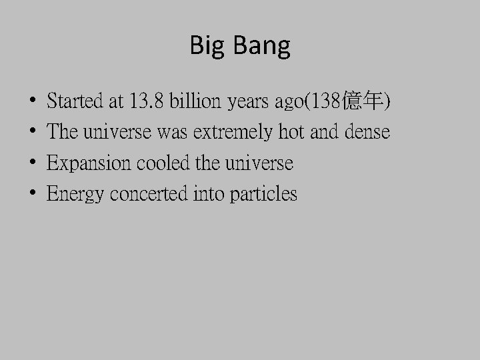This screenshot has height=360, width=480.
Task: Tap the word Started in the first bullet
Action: pyautogui.click(x=76, y=102)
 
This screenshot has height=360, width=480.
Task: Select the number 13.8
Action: pyautogui.click(x=148, y=102)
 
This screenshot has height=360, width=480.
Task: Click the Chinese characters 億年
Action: pyautogui.click(x=363, y=102)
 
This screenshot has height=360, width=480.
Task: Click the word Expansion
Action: pyautogui.click(x=89, y=163)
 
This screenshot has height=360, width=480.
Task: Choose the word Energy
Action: pyautogui.click(x=76, y=194)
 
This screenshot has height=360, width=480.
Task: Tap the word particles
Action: pyautogui.click(x=263, y=194)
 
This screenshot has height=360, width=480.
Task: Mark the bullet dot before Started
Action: pyautogui.click(x=33, y=103)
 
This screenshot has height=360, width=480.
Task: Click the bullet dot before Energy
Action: pyautogui.click(x=33, y=195)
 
